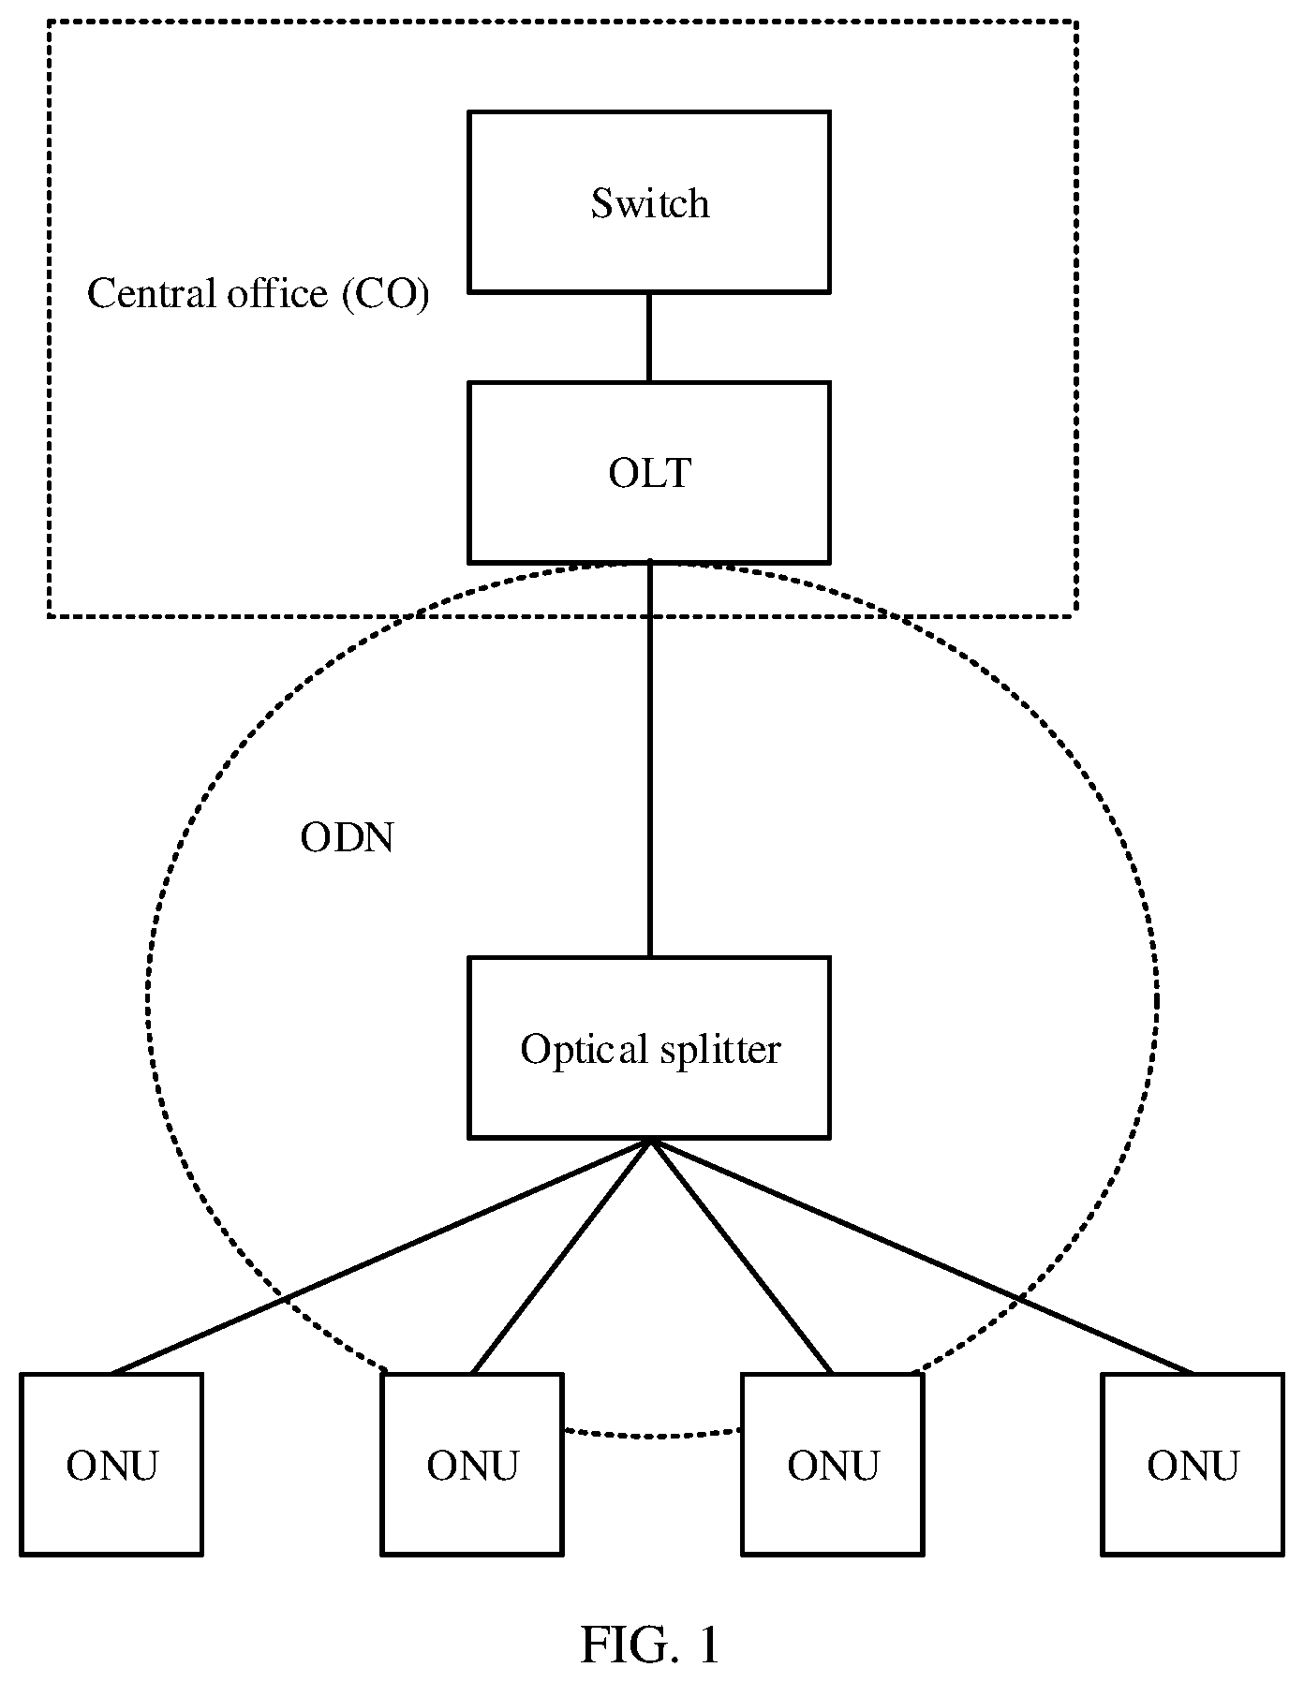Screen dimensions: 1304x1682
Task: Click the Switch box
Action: tap(649, 201)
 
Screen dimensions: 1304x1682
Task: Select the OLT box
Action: tap(649, 472)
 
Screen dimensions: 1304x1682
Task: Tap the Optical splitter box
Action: tap(649, 1047)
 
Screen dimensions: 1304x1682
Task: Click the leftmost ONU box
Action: tap(111, 1464)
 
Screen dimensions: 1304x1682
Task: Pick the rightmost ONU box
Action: tap(1193, 1464)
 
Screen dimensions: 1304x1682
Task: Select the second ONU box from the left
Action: tap(472, 1464)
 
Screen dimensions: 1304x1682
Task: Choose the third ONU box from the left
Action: tap(833, 1464)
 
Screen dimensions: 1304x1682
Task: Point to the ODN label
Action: tap(347, 837)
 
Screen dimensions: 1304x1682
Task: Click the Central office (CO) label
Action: tap(259, 293)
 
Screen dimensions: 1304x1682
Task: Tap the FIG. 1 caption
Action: tap(650, 1644)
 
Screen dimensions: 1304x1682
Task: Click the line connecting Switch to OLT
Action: tap(649, 337)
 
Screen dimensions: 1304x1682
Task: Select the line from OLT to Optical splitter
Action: tap(649, 760)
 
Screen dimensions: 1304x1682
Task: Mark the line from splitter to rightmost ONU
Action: tap(922, 1256)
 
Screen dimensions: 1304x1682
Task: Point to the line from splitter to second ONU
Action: tap(560, 1256)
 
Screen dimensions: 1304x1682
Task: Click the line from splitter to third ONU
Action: tap(741, 1256)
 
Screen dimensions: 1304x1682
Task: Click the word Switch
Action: tap(649, 203)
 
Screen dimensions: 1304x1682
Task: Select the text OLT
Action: tap(649, 473)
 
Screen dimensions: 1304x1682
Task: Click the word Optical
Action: tap(584, 1050)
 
